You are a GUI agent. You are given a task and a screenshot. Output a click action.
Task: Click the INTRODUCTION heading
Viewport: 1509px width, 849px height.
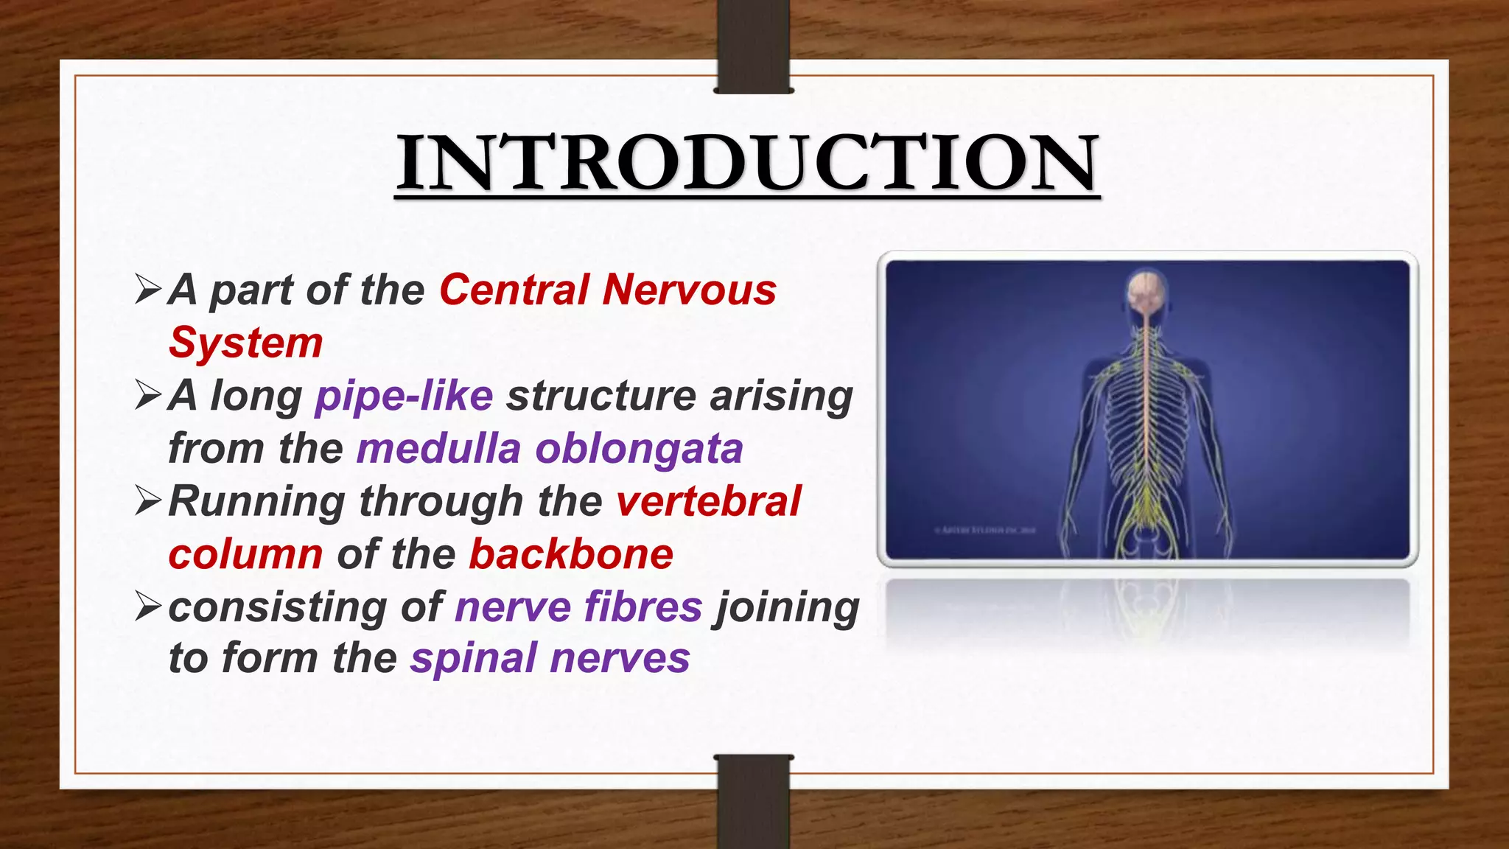click(747, 163)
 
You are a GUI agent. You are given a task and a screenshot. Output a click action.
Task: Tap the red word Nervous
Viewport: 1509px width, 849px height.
click(689, 290)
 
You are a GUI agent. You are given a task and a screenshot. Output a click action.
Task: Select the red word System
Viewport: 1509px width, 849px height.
click(245, 343)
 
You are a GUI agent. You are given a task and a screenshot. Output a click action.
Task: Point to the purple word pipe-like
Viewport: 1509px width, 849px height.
click(404, 396)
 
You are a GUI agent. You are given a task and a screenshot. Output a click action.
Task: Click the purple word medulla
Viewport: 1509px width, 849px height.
click(438, 449)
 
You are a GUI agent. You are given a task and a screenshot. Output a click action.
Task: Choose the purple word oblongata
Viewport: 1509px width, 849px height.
click(639, 449)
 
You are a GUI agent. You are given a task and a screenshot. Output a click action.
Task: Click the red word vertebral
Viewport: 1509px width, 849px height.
click(708, 502)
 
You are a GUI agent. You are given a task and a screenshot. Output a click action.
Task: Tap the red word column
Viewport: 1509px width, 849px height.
click(245, 554)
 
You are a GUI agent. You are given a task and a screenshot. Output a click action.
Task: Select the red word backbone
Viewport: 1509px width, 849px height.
click(571, 554)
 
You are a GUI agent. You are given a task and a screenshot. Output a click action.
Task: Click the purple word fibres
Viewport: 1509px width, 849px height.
click(643, 607)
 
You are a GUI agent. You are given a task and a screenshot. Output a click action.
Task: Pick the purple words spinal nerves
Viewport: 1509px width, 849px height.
click(550, 658)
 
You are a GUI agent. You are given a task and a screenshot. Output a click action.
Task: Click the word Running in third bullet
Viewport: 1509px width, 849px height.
click(256, 503)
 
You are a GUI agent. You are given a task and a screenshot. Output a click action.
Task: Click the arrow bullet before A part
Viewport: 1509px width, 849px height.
click(148, 289)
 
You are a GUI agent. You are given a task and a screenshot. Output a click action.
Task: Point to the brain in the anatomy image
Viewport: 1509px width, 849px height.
click(1146, 290)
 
